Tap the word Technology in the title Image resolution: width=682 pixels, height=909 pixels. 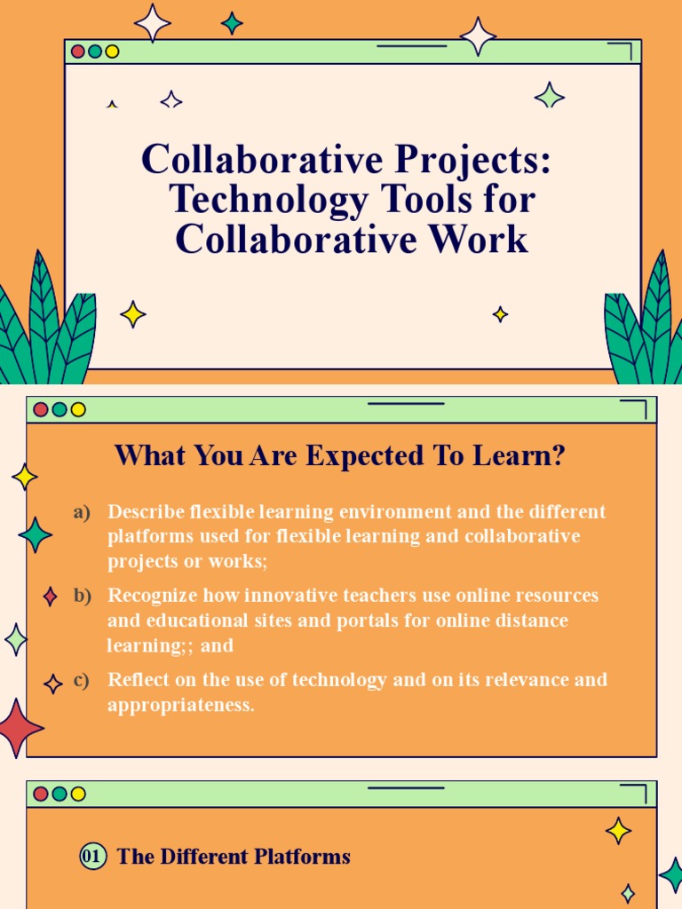(267, 200)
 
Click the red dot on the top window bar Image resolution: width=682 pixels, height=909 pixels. (78, 51)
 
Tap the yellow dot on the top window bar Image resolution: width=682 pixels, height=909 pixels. (112, 51)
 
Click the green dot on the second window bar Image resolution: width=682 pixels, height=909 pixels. (59, 409)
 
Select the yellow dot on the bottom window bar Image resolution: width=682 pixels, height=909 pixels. (78, 794)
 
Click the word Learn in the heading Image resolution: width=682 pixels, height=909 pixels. (516, 456)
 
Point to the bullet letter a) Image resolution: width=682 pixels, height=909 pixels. (83, 512)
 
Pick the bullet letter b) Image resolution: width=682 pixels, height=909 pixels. (83, 596)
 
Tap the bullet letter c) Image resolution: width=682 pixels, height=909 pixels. (83, 680)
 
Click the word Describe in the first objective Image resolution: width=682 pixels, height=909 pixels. (146, 512)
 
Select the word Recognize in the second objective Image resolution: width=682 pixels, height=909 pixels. (153, 595)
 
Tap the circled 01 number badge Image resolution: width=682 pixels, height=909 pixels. (92, 857)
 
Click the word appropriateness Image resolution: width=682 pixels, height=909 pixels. (181, 707)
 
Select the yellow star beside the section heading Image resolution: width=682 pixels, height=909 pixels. (618, 831)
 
